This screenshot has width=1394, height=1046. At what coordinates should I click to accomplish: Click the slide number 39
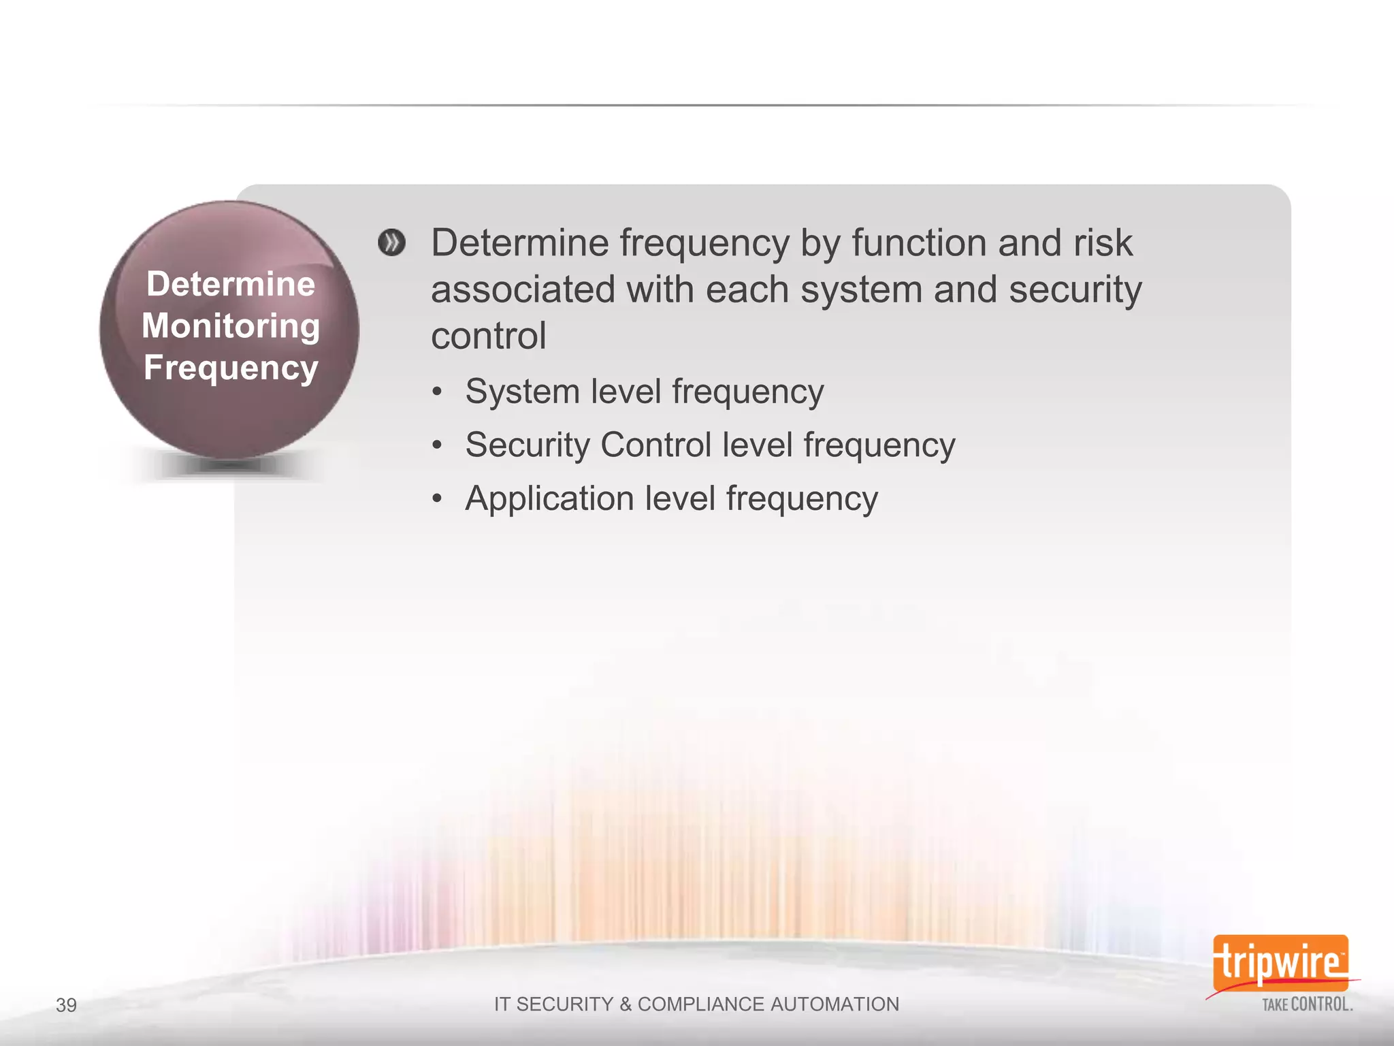[66, 1005]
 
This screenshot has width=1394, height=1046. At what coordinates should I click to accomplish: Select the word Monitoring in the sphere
[231, 326]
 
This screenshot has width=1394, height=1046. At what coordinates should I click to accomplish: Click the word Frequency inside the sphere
[231, 368]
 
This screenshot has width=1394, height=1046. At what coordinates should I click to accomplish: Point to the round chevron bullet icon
[391, 243]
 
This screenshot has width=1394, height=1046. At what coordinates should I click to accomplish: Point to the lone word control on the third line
[488, 336]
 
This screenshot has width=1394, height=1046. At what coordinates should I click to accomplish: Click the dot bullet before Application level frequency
[437, 499]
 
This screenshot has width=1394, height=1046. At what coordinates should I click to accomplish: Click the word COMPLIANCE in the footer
[700, 1004]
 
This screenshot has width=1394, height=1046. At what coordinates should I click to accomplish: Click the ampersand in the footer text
[625, 1004]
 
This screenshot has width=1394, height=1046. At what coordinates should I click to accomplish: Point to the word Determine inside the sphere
[231, 284]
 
